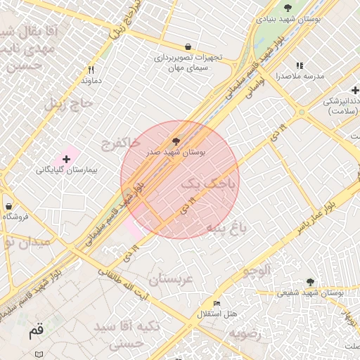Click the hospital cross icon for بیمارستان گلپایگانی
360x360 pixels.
tap(66, 160)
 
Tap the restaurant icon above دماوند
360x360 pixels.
tap(91, 70)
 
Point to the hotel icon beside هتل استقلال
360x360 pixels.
tap(217, 303)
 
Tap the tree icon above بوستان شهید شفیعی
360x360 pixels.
tap(310, 282)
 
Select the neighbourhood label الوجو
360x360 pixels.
tap(256, 271)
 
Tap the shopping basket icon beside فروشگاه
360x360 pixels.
tap(8, 207)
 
